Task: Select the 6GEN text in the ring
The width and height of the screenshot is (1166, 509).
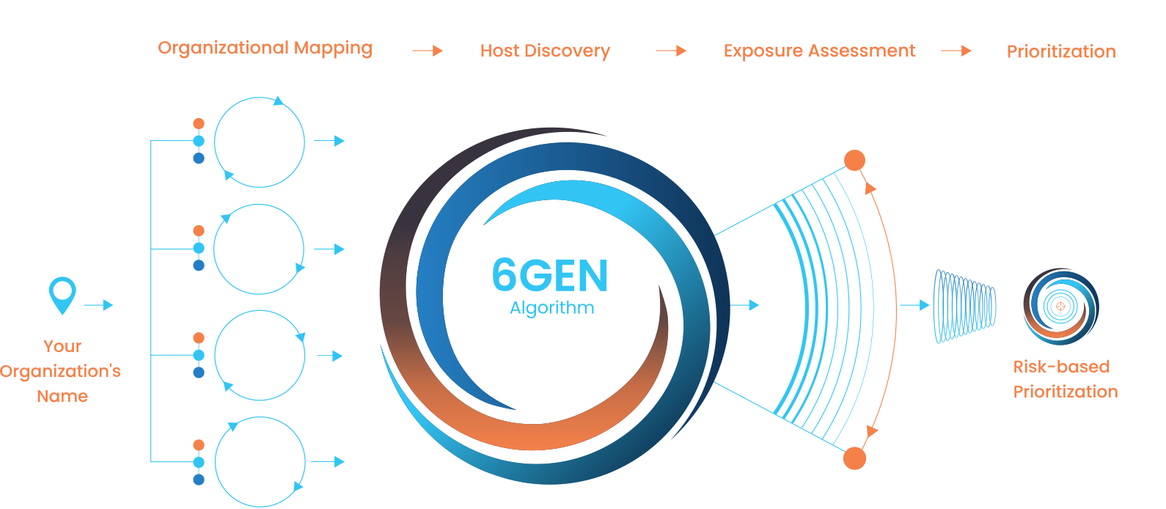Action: click(x=550, y=276)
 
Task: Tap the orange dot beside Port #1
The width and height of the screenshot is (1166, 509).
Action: click(x=854, y=160)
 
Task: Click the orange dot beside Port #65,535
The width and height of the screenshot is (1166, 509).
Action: click(x=854, y=458)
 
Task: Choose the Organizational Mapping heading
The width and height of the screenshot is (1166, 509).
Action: click(x=265, y=48)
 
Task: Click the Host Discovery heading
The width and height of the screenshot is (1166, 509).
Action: click(x=545, y=51)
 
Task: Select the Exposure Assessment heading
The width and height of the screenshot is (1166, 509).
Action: click(x=819, y=51)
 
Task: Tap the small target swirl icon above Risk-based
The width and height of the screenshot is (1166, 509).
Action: click(x=1060, y=307)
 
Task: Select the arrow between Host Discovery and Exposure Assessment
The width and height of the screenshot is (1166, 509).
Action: click(x=670, y=51)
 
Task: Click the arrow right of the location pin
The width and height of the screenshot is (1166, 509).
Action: click(x=98, y=305)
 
